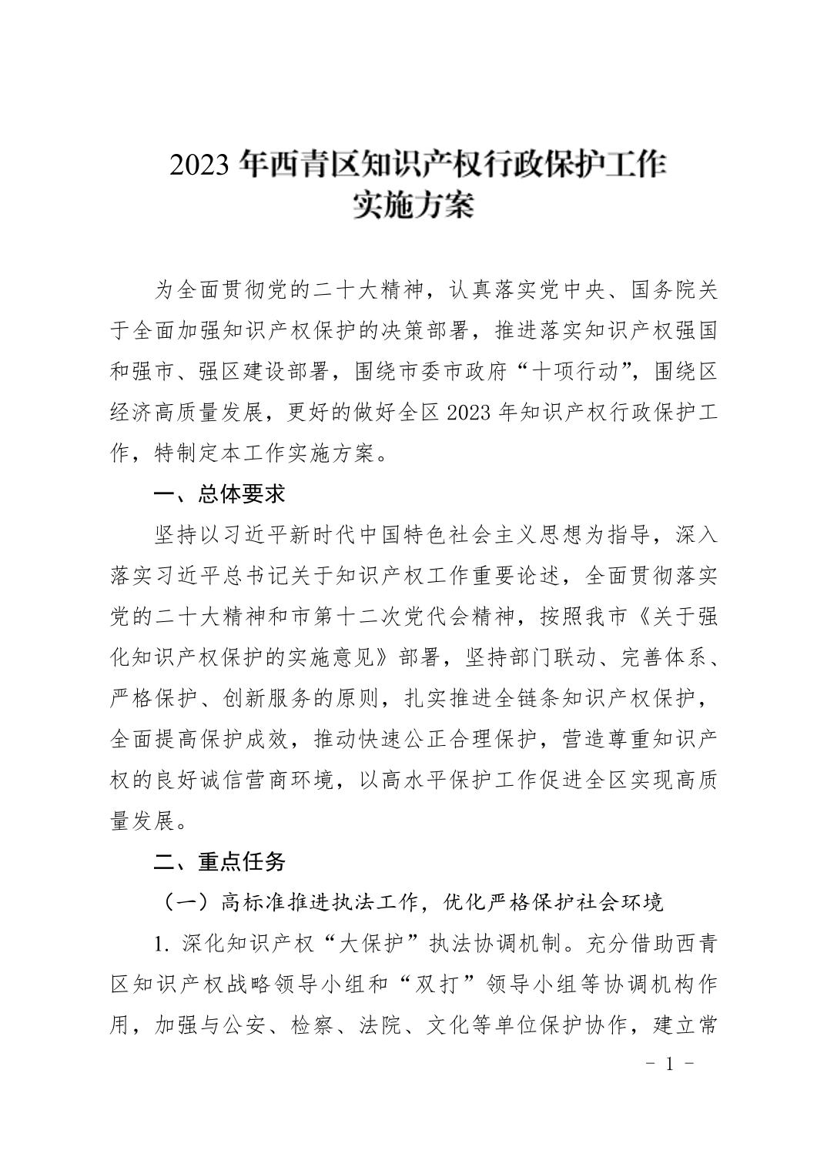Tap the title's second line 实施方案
pyautogui.click(x=413, y=206)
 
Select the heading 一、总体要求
pyautogui.click(x=219, y=494)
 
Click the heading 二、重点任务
pyautogui.click(x=219, y=862)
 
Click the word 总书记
pyautogui.click(x=258, y=577)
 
